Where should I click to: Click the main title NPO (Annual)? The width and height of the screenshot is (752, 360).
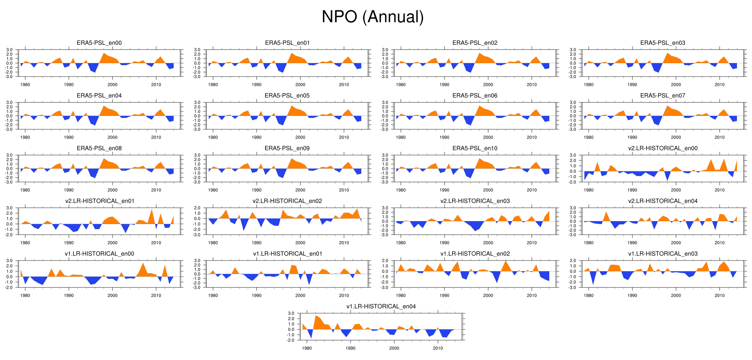click(372, 17)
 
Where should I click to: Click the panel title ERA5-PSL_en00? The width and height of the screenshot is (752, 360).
click(99, 43)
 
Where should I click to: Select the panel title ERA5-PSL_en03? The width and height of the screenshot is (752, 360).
click(663, 43)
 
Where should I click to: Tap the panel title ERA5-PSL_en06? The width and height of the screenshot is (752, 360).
click(475, 96)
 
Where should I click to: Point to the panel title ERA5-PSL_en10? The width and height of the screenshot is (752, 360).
click(475, 148)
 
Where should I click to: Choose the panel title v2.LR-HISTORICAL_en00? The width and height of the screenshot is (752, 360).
click(663, 148)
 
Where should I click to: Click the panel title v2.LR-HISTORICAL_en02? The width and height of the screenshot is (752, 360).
click(287, 201)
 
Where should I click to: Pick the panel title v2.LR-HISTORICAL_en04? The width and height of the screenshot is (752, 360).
click(663, 201)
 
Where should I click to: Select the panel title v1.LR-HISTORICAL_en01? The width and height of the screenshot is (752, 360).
click(287, 254)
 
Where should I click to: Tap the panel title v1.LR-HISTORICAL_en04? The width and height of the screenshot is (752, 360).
click(381, 307)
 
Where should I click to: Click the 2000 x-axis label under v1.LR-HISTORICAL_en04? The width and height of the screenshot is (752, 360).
click(394, 348)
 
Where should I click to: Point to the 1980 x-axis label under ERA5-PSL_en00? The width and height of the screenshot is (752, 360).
click(25, 84)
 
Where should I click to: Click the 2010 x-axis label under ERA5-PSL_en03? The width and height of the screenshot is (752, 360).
click(719, 84)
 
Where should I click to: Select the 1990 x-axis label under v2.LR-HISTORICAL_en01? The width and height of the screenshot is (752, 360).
click(69, 243)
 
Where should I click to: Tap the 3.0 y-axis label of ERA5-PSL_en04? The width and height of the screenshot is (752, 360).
click(9, 103)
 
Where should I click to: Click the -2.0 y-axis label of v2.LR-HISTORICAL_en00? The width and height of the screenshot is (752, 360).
click(572, 182)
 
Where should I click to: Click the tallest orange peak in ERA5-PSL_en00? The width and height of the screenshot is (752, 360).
click(104, 53)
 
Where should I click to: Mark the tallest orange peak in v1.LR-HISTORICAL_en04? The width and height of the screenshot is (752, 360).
click(316, 316)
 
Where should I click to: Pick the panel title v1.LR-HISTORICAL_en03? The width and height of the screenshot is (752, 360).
click(663, 254)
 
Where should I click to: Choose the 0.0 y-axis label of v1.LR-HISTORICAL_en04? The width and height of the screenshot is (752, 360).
click(291, 329)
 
